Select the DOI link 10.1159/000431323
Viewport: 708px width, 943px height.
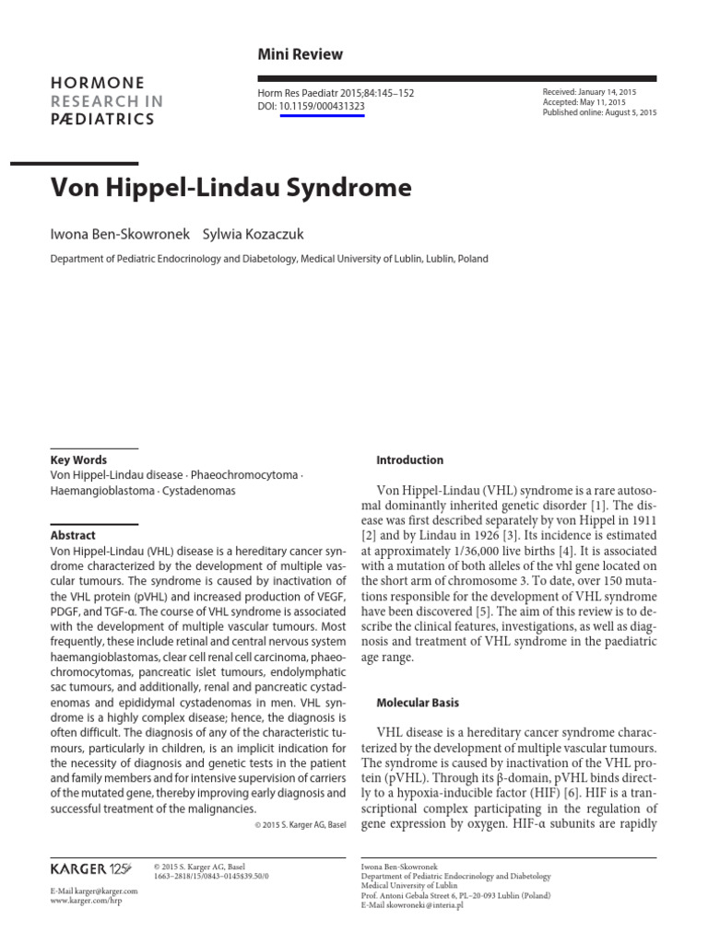[322, 107]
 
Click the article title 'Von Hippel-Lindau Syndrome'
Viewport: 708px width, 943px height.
[230, 189]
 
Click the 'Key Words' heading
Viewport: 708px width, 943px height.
[78, 460]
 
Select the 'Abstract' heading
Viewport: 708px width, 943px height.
[73, 535]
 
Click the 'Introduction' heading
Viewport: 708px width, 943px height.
[410, 460]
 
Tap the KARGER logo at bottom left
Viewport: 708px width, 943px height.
[90, 868]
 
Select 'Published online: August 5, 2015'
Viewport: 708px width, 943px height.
[600, 113]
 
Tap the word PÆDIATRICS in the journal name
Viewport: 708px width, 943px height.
[103, 120]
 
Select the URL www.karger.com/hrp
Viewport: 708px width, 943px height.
[86, 901]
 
